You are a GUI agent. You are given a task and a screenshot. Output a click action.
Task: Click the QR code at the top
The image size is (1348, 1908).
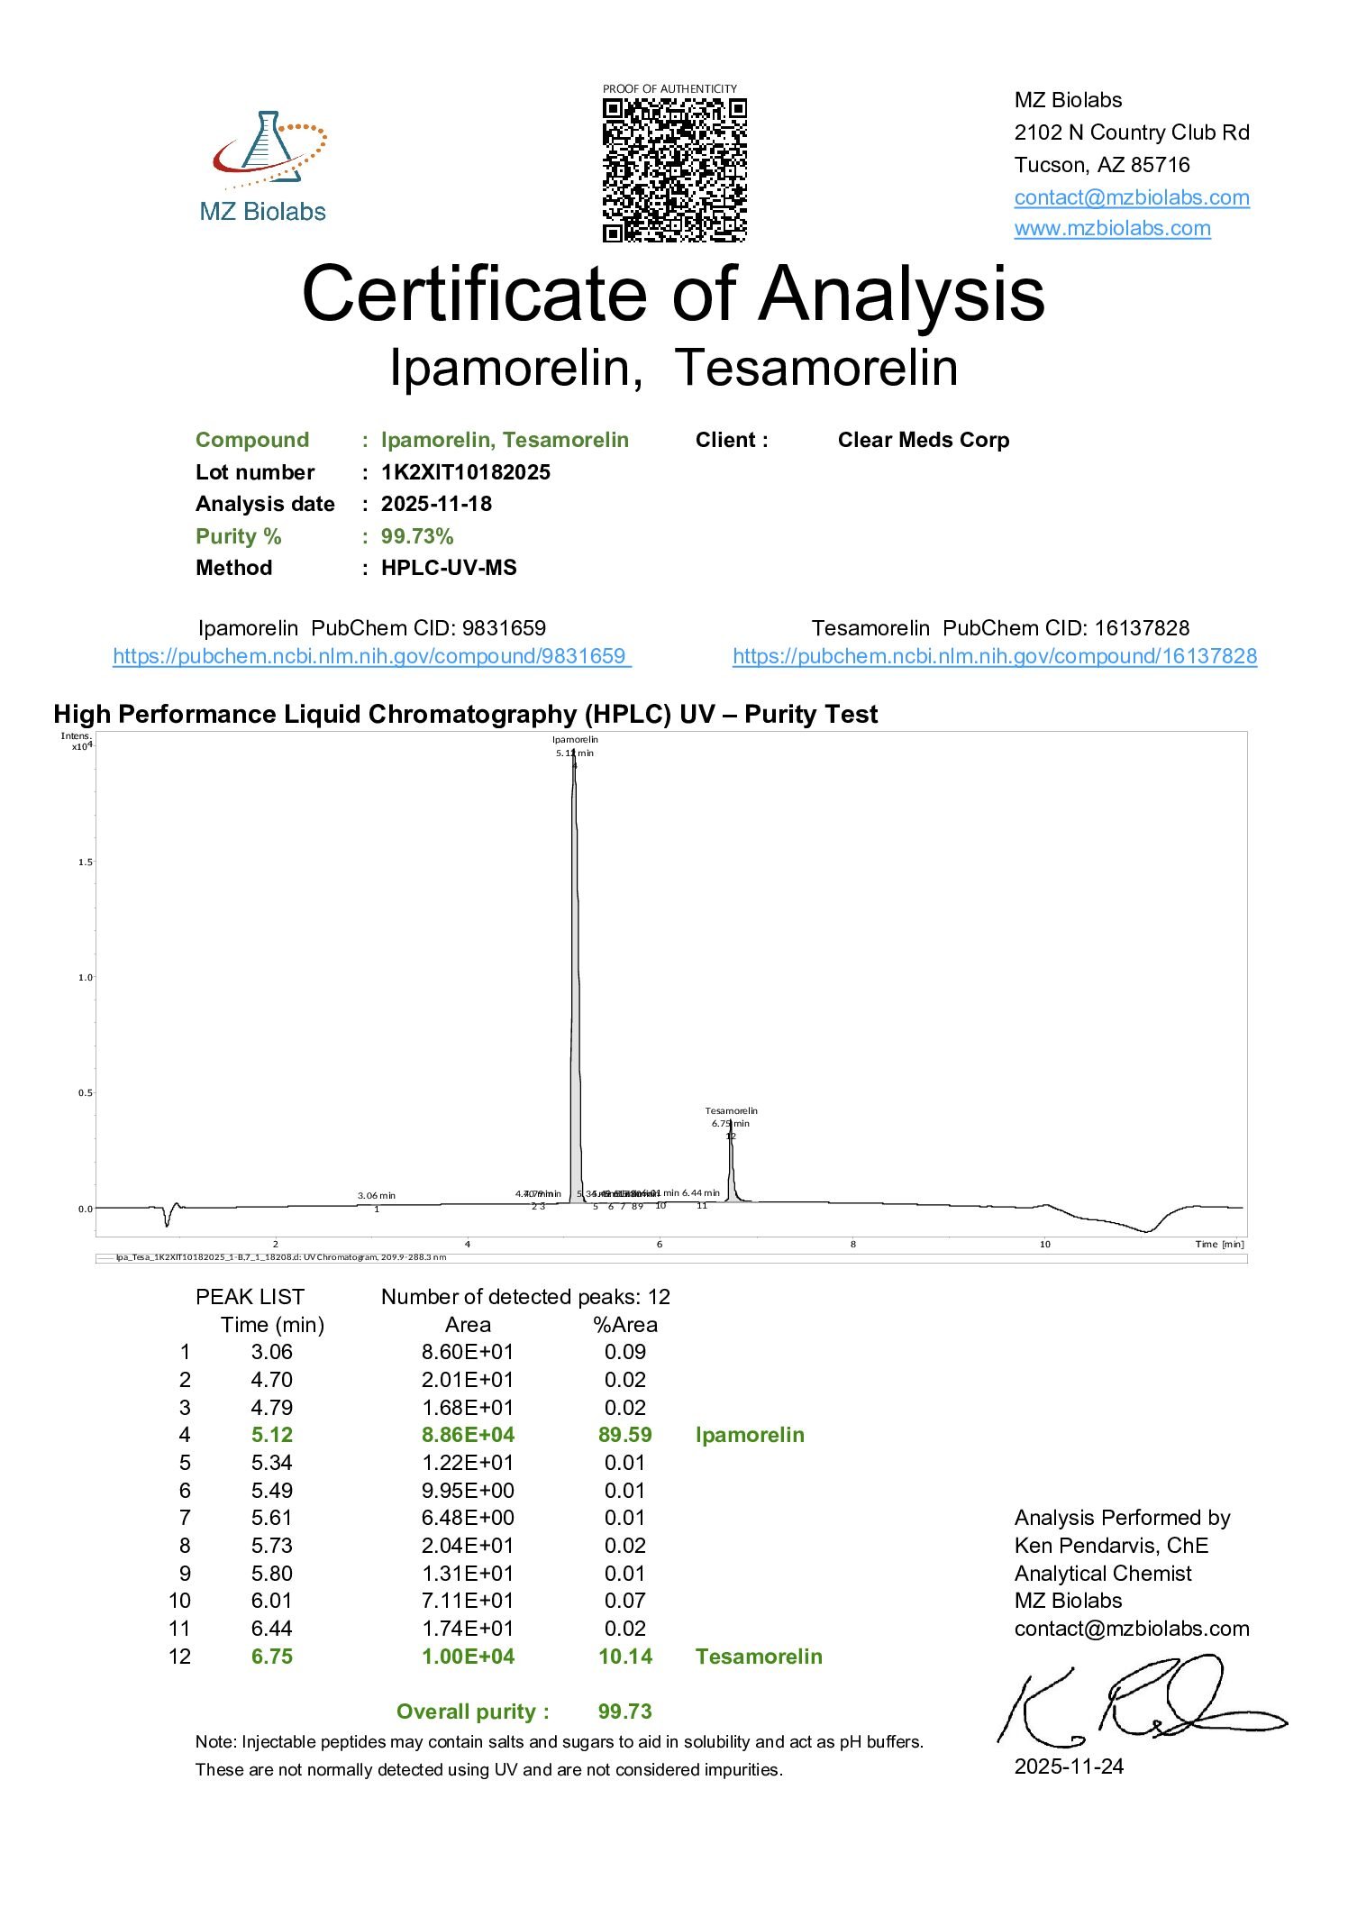[674, 169]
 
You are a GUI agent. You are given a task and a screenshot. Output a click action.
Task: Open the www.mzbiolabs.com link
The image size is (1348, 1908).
[1112, 228]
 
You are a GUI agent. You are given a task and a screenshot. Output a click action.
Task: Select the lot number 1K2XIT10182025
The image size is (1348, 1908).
[465, 472]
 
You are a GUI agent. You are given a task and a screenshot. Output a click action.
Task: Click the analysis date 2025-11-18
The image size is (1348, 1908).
[436, 504]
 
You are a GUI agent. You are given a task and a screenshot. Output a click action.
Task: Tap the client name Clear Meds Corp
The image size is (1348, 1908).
[923, 440]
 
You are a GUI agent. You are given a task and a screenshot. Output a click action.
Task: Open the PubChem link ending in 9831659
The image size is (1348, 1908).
[371, 656]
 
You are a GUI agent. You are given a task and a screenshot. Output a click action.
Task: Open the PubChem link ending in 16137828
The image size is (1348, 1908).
[994, 656]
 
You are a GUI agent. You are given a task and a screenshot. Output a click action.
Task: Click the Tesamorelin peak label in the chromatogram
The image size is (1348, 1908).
[731, 1111]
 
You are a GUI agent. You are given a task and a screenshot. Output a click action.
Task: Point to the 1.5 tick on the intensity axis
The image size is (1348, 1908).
[85, 863]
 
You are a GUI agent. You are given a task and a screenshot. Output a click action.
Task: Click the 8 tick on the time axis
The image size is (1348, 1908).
[852, 1245]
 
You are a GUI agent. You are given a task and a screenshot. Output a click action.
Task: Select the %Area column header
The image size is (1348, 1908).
[624, 1325]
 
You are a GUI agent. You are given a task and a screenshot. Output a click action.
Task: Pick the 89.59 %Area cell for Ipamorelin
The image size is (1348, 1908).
[624, 1435]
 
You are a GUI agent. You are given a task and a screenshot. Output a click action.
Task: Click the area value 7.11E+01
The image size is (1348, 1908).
[468, 1601]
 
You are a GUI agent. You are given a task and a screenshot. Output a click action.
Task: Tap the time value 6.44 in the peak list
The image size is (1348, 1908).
[271, 1629]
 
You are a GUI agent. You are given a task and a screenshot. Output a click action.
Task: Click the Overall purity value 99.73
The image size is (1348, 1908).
[624, 1712]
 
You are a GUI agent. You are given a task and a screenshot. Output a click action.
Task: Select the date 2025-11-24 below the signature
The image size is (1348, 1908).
[1069, 1766]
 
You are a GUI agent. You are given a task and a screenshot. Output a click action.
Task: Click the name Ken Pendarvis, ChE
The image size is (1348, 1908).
[1110, 1546]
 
